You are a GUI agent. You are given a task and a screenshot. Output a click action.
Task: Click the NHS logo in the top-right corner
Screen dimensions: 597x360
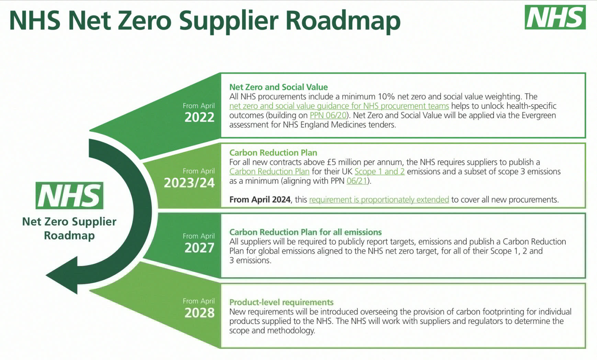[x=555, y=17]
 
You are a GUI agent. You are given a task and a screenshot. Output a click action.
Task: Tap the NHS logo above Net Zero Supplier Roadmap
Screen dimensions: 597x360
[x=69, y=195]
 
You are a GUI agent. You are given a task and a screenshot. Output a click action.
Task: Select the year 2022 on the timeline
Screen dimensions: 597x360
[x=199, y=117]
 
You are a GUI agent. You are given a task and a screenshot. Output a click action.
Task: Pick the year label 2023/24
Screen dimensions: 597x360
[x=189, y=183]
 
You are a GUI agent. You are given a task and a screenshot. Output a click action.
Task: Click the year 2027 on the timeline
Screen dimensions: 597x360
[x=199, y=248]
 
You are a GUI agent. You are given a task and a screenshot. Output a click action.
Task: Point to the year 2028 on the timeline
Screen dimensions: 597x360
[x=199, y=313]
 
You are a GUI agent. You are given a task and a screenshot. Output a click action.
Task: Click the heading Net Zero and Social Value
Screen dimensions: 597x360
[x=279, y=87]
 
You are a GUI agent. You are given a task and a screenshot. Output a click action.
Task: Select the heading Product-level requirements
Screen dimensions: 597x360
[x=281, y=302]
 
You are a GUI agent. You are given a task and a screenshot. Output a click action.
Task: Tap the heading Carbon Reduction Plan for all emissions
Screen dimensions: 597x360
[x=305, y=232]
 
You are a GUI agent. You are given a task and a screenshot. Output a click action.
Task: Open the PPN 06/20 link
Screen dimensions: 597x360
[x=328, y=115]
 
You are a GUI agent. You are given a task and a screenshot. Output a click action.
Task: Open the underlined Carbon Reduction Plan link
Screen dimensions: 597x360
[x=269, y=171]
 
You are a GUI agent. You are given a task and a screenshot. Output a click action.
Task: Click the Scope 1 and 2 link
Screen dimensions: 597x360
[x=380, y=171]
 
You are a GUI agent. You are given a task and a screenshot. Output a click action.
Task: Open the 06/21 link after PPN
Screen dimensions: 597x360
[x=357, y=181]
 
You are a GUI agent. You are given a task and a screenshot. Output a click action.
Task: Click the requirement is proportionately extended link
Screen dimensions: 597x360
[x=379, y=200]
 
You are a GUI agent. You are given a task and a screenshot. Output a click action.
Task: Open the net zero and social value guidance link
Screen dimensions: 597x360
[x=339, y=106]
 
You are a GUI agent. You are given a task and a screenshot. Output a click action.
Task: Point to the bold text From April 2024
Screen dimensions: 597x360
[x=260, y=200]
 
